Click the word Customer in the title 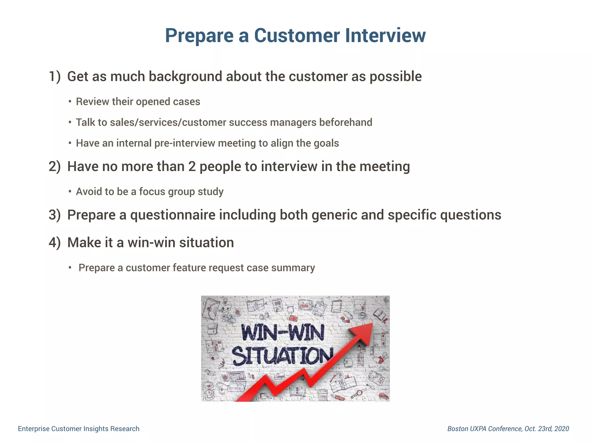coord(297,35)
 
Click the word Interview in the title coord(385,35)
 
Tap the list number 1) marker coord(55,77)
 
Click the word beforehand coord(345,123)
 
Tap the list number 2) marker coord(55,167)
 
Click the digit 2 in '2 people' coord(192,167)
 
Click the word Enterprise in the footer coord(33,429)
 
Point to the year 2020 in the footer coord(562,429)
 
